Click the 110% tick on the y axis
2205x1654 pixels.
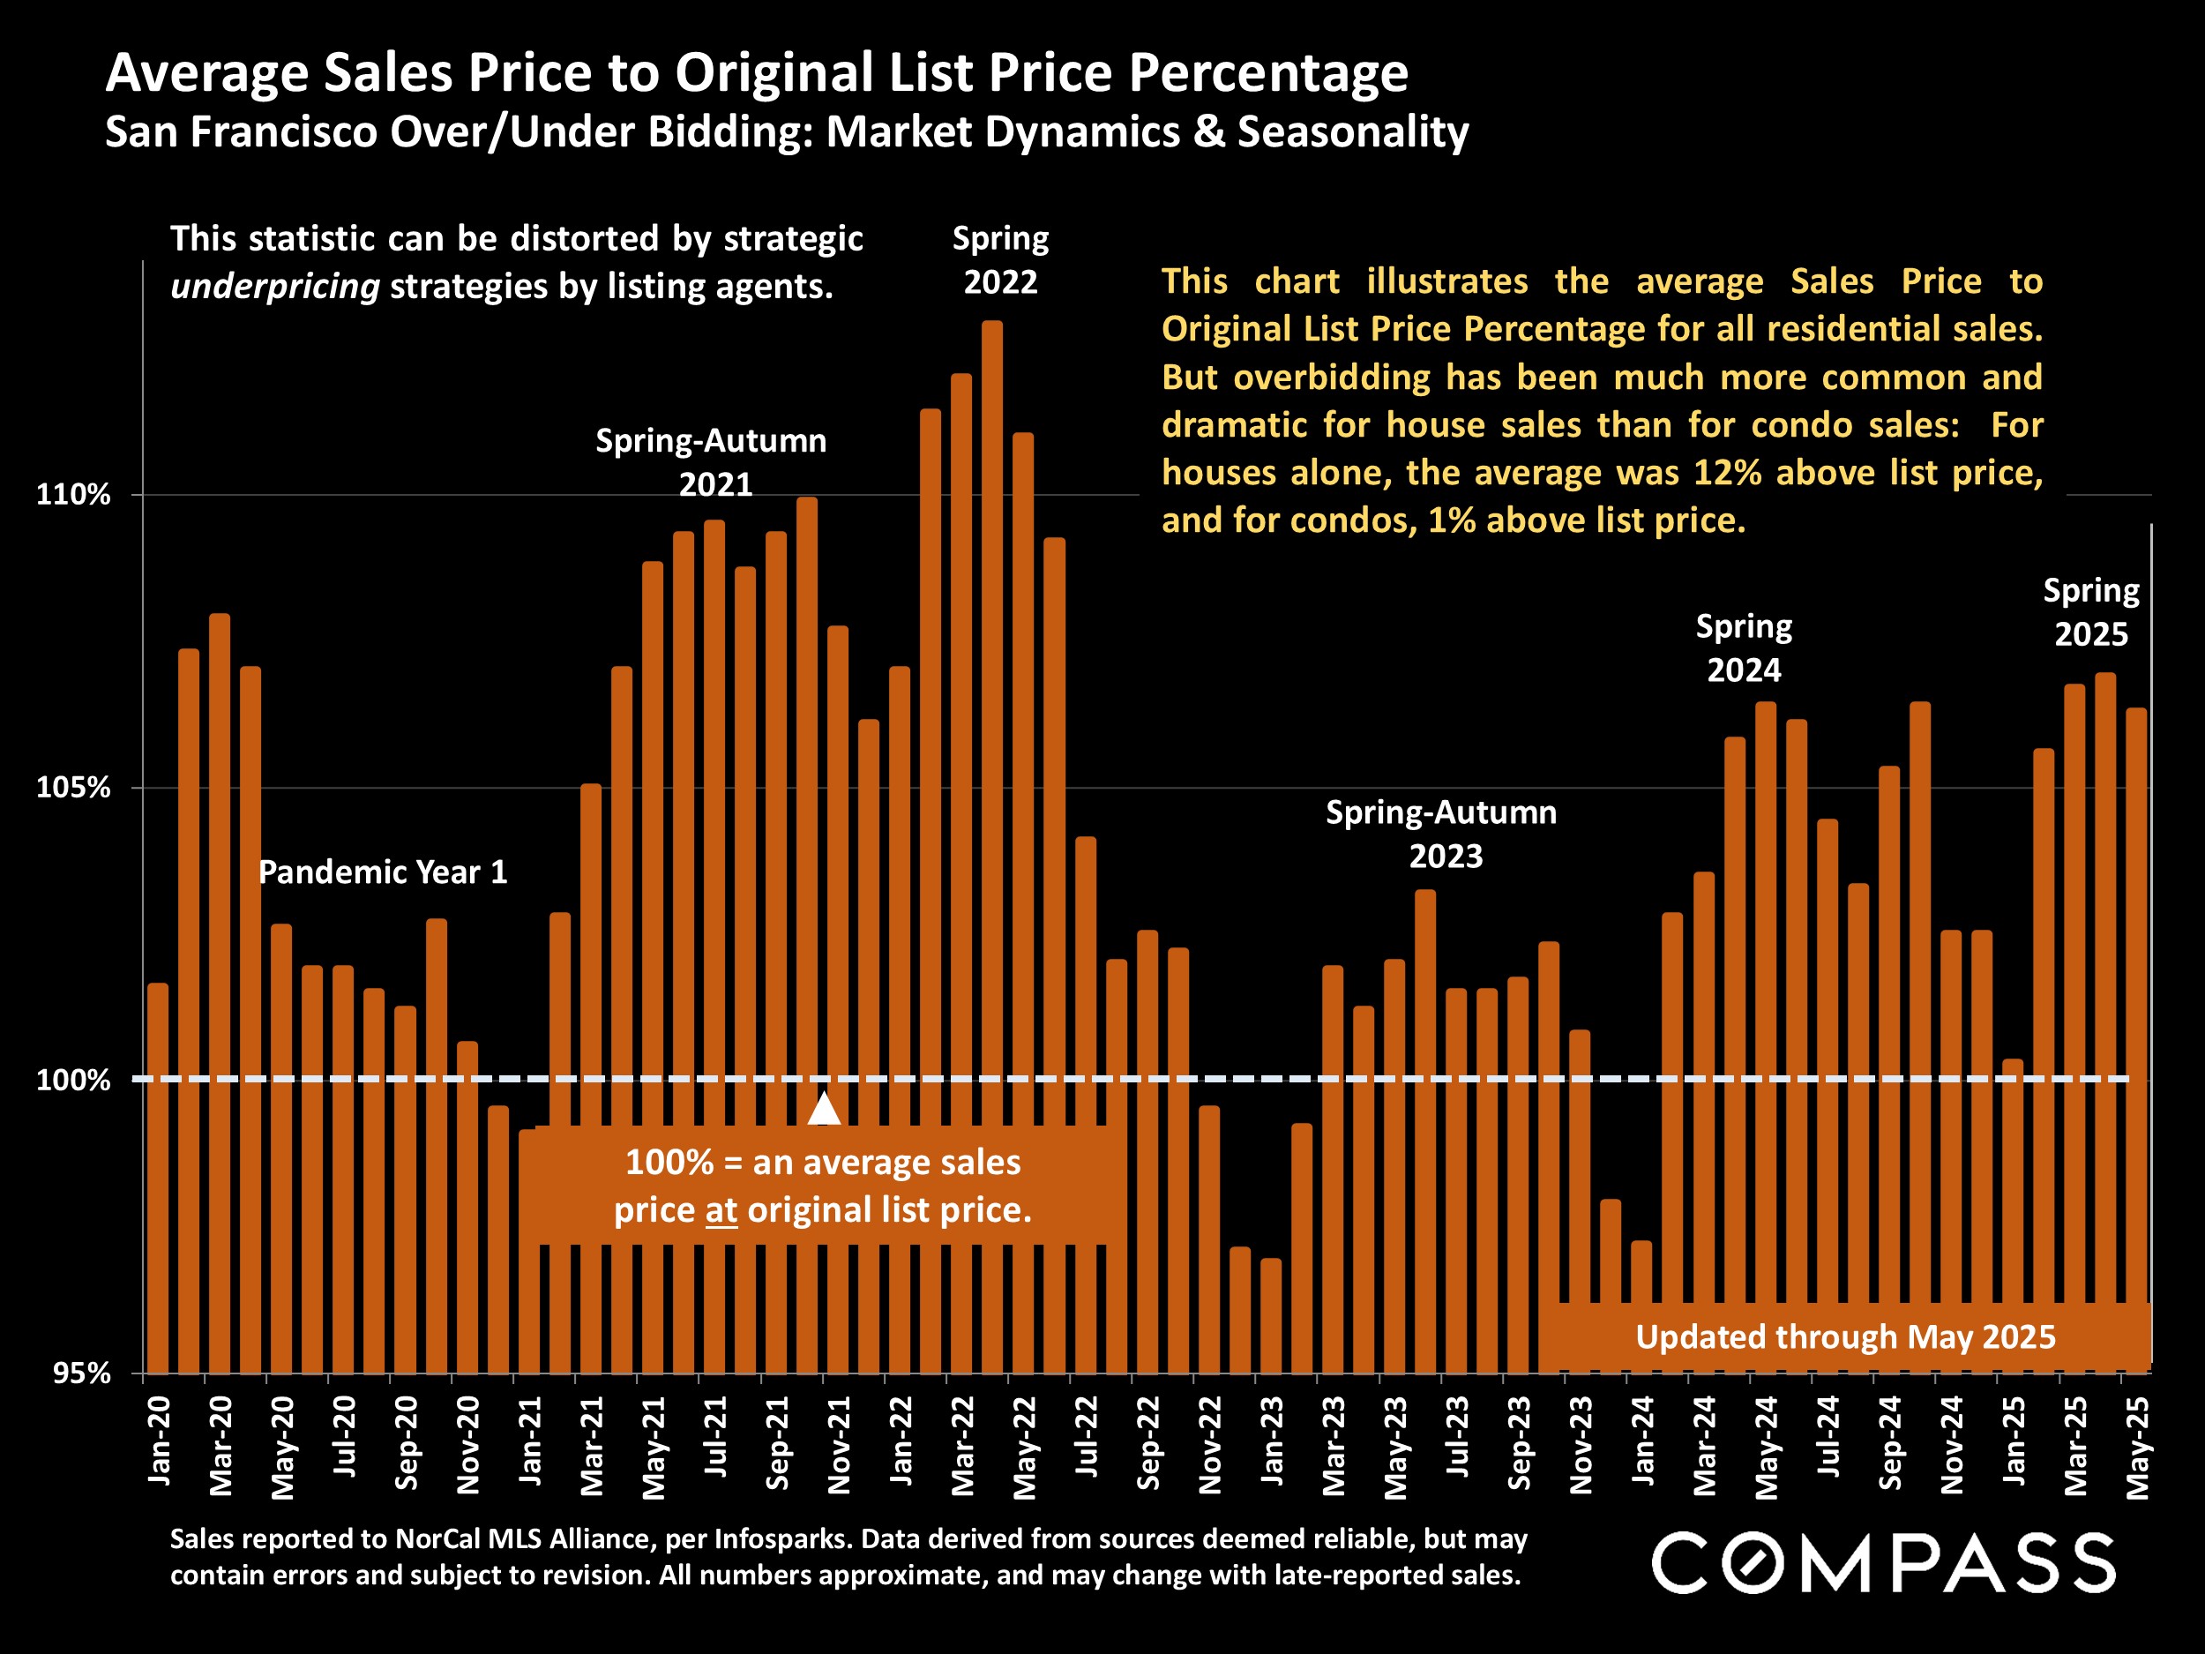pyautogui.click(x=73, y=495)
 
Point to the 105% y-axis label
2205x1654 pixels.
pyautogui.click(x=73, y=788)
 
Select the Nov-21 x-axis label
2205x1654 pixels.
pyautogui.click(x=840, y=1445)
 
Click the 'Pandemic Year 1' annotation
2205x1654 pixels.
pyautogui.click(x=383, y=872)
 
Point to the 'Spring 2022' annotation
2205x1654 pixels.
pyautogui.click(x=1000, y=260)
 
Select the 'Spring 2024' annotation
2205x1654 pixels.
pyautogui.click(x=1744, y=648)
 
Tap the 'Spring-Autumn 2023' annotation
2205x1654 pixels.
pyautogui.click(x=1441, y=834)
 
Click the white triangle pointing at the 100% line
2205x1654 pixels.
pyautogui.click(x=824, y=1109)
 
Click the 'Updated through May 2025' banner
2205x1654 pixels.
pyautogui.click(x=1844, y=1337)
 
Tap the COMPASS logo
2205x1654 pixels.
pyautogui.click(x=1883, y=1563)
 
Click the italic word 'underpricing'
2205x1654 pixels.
pyautogui.click(x=275, y=287)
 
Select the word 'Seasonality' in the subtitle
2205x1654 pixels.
pyautogui.click(x=1353, y=132)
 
